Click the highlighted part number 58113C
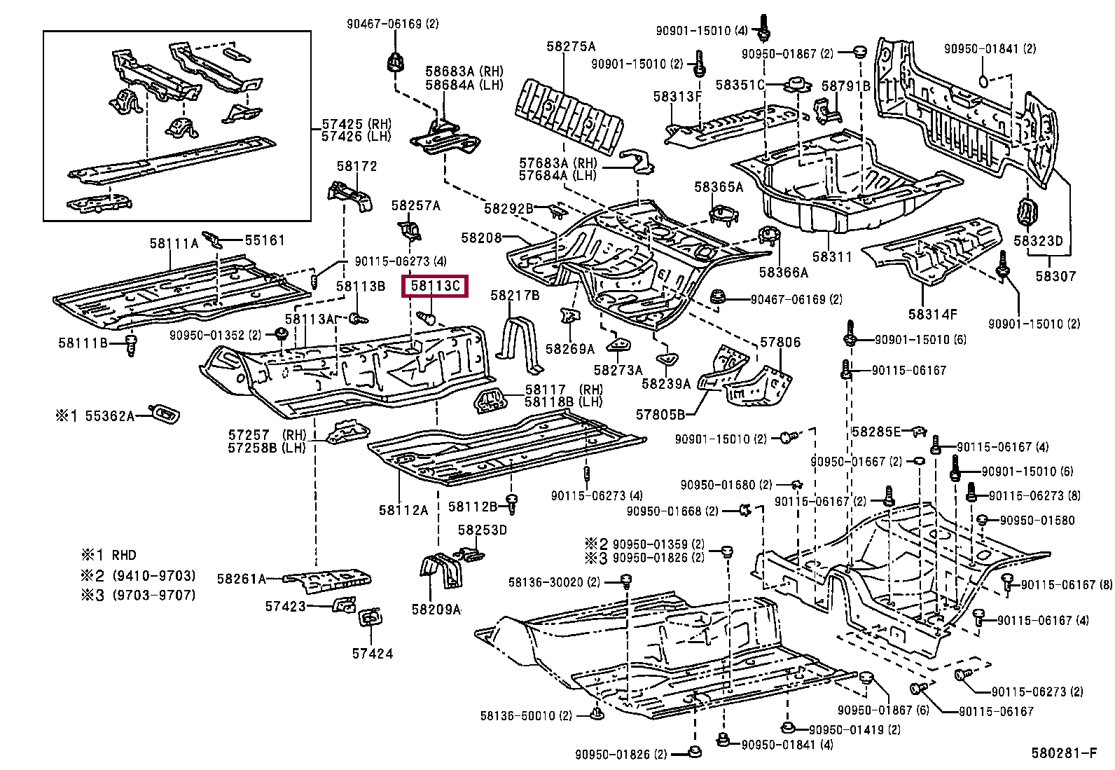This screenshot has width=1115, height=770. pyautogui.click(x=434, y=286)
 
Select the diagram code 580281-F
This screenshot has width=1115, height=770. pyautogui.click(x=1063, y=753)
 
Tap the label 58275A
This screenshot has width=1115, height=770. pyautogui.click(x=571, y=46)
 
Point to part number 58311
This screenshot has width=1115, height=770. pyautogui.click(x=832, y=257)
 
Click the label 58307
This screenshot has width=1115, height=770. pyautogui.click(x=1055, y=276)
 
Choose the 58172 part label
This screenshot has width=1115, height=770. pyautogui.click(x=357, y=166)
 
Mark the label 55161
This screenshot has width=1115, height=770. pyautogui.click(x=265, y=240)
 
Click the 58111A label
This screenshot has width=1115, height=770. pyautogui.click(x=174, y=244)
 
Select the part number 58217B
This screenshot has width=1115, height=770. pyautogui.click(x=515, y=296)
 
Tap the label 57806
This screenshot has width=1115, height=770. pyautogui.click(x=780, y=342)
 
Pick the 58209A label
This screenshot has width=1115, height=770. pyautogui.click(x=436, y=609)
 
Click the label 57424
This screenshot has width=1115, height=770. pyautogui.click(x=373, y=654)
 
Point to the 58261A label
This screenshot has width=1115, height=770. pyautogui.click(x=242, y=579)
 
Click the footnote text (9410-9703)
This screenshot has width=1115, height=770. pyautogui.click(x=154, y=576)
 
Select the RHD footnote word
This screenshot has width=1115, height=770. pyautogui.click(x=124, y=555)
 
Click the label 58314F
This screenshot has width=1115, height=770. pyautogui.click(x=933, y=315)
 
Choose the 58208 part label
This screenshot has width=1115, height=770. pyautogui.click(x=481, y=238)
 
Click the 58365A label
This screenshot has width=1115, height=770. pyautogui.click(x=719, y=187)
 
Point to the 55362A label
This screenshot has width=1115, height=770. pyautogui.click(x=109, y=416)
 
